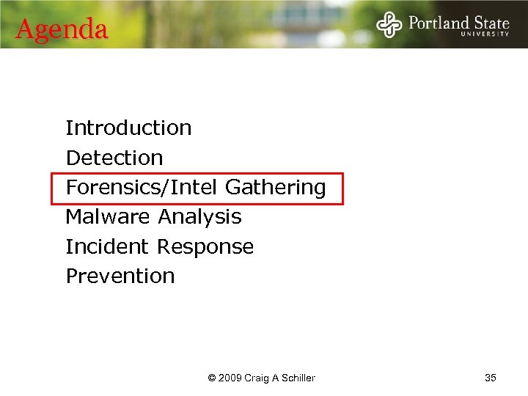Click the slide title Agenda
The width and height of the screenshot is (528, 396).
[x=62, y=29]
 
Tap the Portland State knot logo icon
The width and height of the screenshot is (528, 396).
[x=389, y=24]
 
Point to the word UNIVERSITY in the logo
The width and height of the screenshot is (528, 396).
[x=485, y=34]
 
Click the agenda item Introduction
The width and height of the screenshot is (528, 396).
[x=128, y=128]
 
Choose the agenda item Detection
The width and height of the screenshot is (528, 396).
[x=114, y=158]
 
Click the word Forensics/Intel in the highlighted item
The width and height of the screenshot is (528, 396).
[x=142, y=188]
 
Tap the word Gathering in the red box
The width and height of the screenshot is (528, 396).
[x=275, y=188]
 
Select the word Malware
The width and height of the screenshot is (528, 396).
[x=109, y=217]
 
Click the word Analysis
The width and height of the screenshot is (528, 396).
[x=199, y=217]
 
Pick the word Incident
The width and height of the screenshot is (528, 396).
[x=107, y=246]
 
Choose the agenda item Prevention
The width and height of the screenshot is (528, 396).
[x=120, y=276]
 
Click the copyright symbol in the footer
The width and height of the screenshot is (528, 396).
[x=212, y=378]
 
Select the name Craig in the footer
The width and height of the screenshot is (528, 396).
[x=259, y=378]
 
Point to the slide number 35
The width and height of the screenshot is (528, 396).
[x=491, y=378]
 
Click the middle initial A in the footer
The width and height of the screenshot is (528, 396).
[x=277, y=378]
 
